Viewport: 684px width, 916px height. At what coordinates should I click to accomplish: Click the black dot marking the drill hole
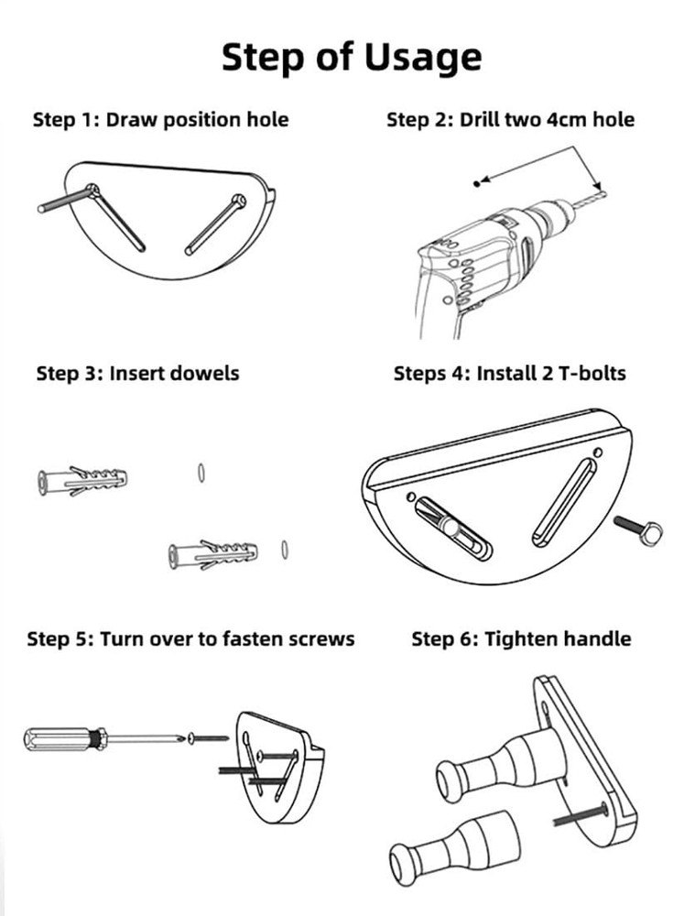coord(477,184)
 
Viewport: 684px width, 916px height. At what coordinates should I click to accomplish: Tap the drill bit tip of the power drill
coord(604,193)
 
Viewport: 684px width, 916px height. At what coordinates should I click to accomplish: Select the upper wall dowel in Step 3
coord(82,482)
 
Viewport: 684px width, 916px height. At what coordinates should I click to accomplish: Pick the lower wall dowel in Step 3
coord(212,555)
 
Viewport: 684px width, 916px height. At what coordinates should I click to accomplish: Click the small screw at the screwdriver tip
coord(208,738)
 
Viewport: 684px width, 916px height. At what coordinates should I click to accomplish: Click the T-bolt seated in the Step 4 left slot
coord(451,527)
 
